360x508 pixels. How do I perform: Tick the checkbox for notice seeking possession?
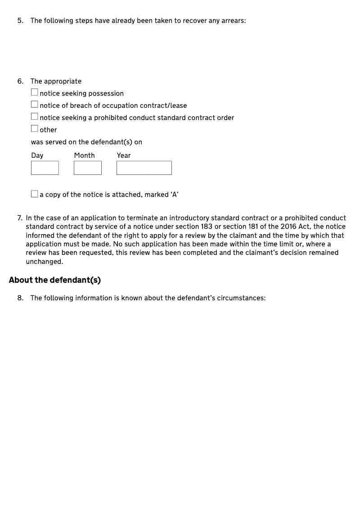click(x=35, y=93)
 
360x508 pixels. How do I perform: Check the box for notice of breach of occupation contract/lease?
click(x=35, y=105)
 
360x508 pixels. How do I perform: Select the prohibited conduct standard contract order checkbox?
click(x=35, y=117)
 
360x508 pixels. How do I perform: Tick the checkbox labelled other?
click(x=35, y=129)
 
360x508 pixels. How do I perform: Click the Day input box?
click(x=45, y=168)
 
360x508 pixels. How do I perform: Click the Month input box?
click(x=87, y=168)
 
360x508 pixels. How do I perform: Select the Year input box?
click(x=144, y=168)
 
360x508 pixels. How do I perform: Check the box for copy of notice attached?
click(x=35, y=194)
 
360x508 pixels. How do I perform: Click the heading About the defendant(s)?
click(x=55, y=280)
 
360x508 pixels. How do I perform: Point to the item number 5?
click(x=20, y=21)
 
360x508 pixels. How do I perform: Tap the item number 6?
click(x=20, y=81)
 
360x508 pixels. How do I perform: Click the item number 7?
click(x=20, y=218)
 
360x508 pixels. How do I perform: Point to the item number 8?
click(x=20, y=298)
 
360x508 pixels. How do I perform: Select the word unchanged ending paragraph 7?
click(x=44, y=262)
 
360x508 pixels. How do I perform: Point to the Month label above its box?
click(x=85, y=156)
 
